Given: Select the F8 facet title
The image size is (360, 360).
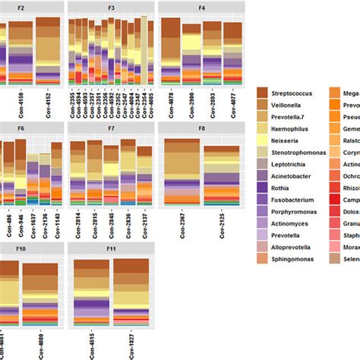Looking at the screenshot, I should click(x=201, y=129).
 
